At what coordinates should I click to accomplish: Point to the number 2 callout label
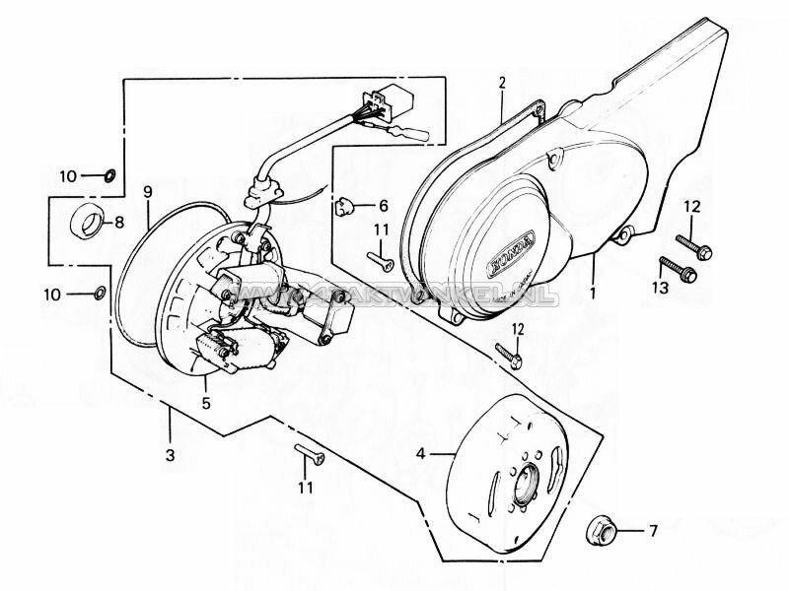click(x=501, y=83)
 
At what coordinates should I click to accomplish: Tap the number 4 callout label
click(x=421, y=454)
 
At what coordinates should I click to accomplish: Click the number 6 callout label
click(x=384, y=206)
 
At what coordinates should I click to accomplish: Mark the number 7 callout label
click(x=652, y=531)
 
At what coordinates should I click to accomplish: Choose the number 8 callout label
click(x=119, y=222)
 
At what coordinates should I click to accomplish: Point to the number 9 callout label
click(x=147, y=190)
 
